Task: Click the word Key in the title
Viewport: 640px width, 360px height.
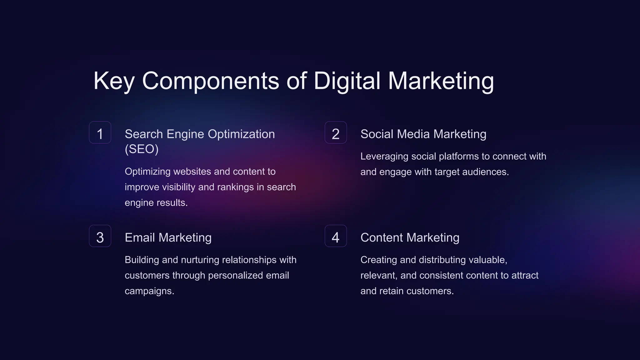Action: tap(114, 81)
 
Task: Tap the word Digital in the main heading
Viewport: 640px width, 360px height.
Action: tap(347, 81)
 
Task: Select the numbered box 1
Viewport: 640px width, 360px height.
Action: tap(100, 133)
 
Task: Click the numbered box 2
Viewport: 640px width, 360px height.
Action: tap(336, 133)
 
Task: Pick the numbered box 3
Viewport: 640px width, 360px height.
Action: tap(100, 236)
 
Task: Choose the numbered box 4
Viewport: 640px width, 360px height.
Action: tap(336, 236)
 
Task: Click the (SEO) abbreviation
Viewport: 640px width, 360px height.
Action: tap(142, 149)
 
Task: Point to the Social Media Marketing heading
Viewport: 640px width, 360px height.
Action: tap(423, 134)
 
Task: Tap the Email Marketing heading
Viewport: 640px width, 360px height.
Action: tap(168, 237)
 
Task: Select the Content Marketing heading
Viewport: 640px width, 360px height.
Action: tap(410, 237)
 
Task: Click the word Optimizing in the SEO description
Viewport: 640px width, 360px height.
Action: tap(147, 172)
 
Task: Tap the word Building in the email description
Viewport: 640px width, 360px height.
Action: tap(142, 260)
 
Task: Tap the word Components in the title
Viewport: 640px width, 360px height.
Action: tap(210, 81)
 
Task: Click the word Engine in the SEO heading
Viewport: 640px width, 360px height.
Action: tap(186, 134)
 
